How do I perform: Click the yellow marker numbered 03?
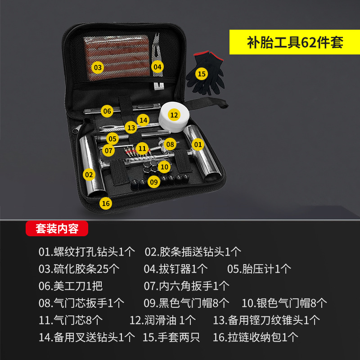pos(97,67)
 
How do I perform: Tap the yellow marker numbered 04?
pos(157,67)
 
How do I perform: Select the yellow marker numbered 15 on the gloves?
pos(202,73)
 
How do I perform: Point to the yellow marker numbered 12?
pos(174,114)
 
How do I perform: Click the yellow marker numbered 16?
pos(105,203)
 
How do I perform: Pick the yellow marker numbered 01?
pos(197,144)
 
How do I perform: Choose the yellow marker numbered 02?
pos(89,174)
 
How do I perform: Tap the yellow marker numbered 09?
pos(154,182)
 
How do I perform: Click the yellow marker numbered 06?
pos(107,111)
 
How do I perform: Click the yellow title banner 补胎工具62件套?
pos(295,43)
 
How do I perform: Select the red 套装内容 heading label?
pos(57,229)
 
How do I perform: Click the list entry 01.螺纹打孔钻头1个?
pos(86,252)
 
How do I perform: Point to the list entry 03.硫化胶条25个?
pos(79,269)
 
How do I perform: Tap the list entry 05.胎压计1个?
pos(259,269)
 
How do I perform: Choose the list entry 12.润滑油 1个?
pos(162,320)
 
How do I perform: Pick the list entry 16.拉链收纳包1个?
pos(255,337)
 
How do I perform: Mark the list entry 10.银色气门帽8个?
pos(284,303)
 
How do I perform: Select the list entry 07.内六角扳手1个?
pos(186,286)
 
